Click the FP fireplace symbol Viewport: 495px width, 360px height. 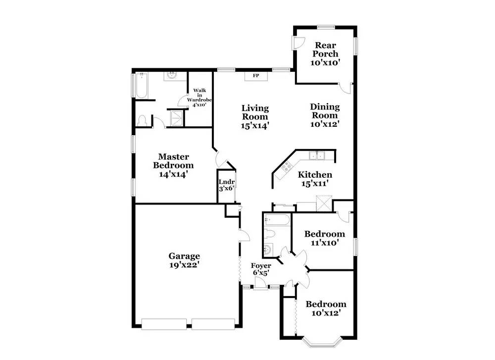(256, 76)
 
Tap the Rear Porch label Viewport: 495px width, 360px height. (324, 50)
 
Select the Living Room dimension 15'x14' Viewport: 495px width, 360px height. (255, 126)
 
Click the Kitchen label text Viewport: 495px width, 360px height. (315, 175)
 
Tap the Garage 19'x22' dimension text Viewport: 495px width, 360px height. (184, 265)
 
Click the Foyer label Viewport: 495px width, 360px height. (261, 266)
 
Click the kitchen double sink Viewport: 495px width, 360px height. (317, 156)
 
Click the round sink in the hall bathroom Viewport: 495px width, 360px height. (268, 250)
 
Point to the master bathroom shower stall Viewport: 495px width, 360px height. (176, 118)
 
